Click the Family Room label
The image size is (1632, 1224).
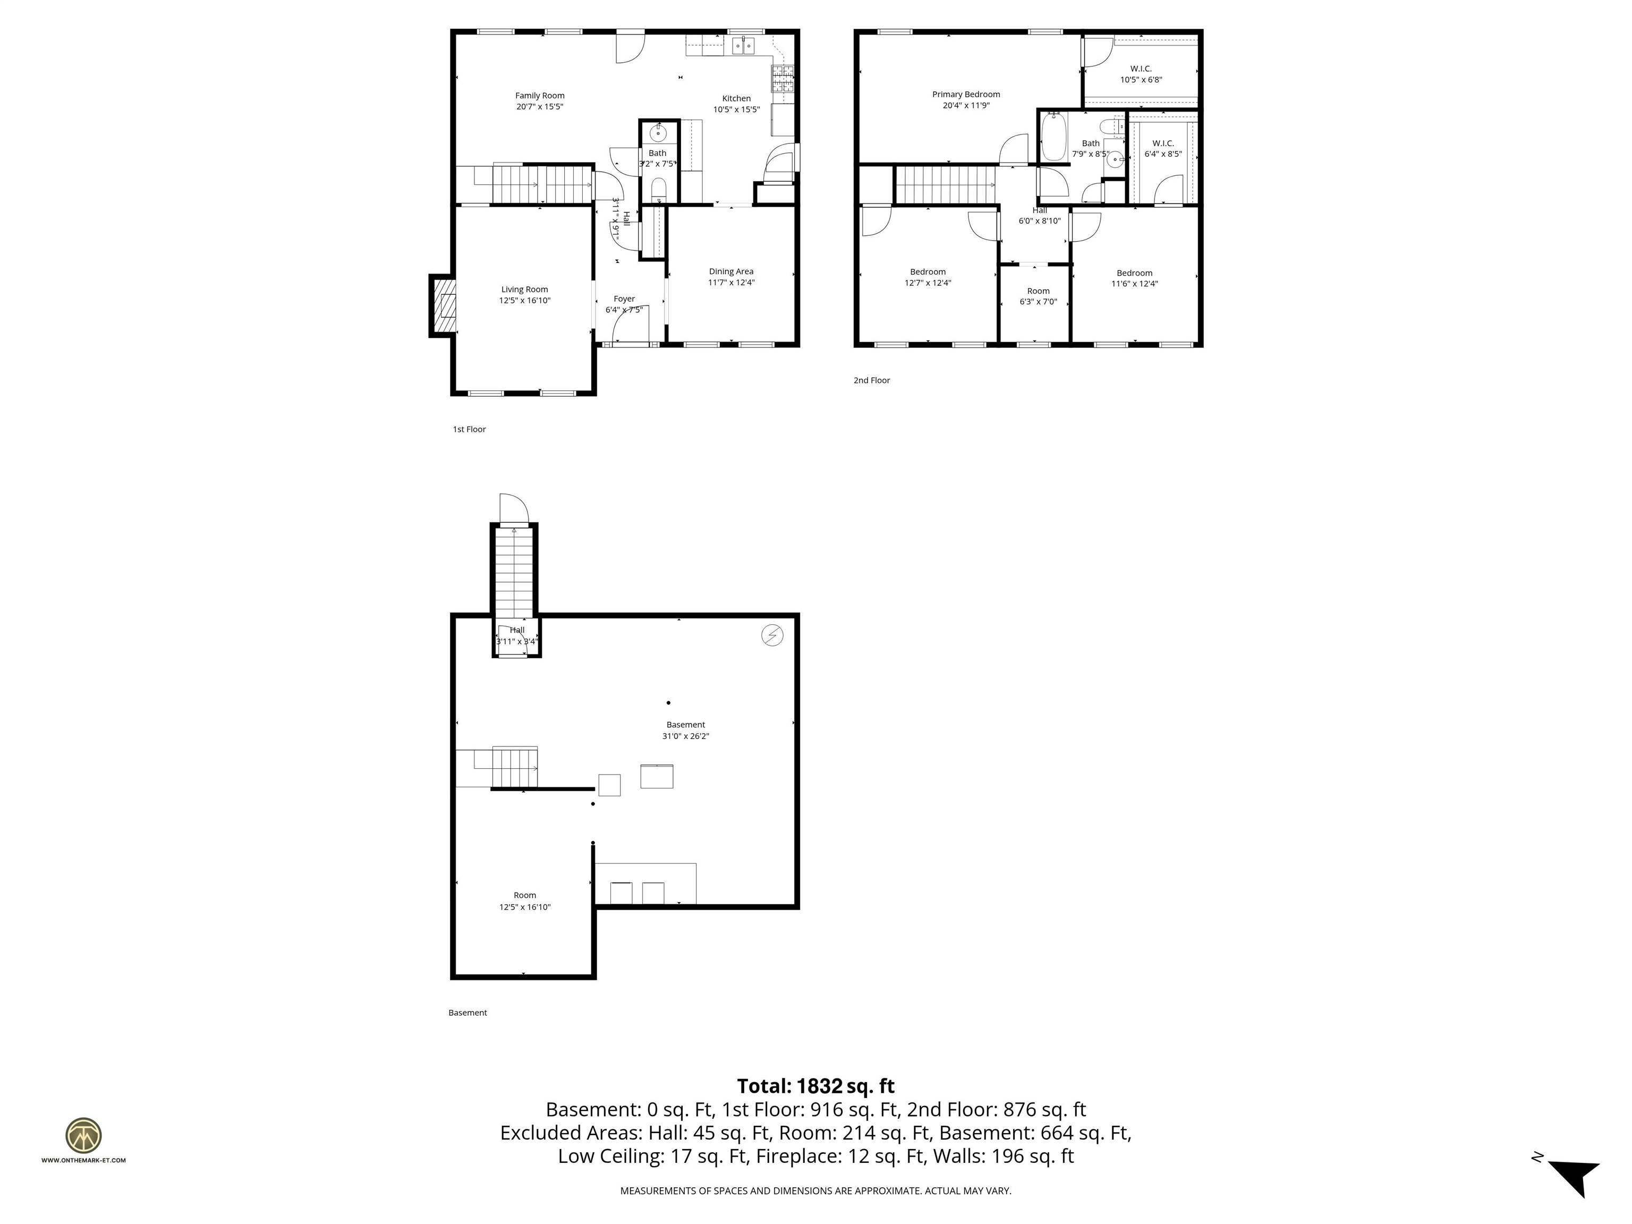(539, 95)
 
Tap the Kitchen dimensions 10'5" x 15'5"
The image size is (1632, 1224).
(736, 110)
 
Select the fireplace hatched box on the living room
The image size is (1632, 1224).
(445, 305)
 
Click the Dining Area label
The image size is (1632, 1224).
(730, 271)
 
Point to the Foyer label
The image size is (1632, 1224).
(624, 299)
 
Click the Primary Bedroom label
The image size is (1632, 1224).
(965, 95)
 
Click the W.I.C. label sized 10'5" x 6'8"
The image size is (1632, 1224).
(1141, 69)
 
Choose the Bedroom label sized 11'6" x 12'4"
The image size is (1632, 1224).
(1134, 273)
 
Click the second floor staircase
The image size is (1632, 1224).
(945, 184)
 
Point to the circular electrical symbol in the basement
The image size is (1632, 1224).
(772, 635)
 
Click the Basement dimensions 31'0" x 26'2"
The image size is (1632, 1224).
(685, 736)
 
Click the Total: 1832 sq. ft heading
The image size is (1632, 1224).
(815, 1086)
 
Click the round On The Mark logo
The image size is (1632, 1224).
(83, 1135)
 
